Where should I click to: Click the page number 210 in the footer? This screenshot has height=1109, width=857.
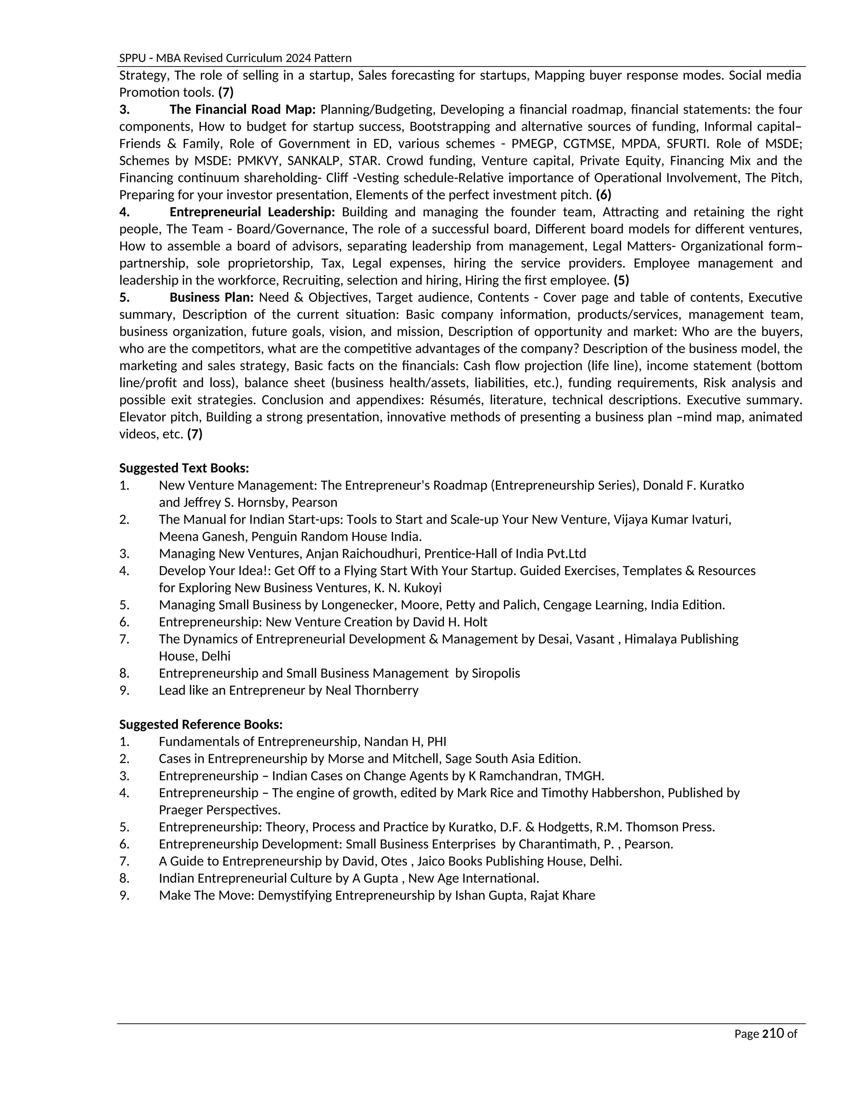coord(773,1033)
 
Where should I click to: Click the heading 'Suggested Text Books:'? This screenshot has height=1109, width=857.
coord(184,468)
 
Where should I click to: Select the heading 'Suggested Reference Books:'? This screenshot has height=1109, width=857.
coord(200,724)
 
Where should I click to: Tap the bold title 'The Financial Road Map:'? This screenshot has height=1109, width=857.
coord(242,110)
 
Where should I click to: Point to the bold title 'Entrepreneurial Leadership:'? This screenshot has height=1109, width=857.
coord(252,212)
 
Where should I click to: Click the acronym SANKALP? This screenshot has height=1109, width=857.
coord(314,161)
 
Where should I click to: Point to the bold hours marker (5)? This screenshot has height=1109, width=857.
coord(621,280)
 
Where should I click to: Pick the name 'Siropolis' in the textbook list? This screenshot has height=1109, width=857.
coord(495,673)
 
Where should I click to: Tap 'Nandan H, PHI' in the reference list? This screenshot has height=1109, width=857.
coord(405,742)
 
